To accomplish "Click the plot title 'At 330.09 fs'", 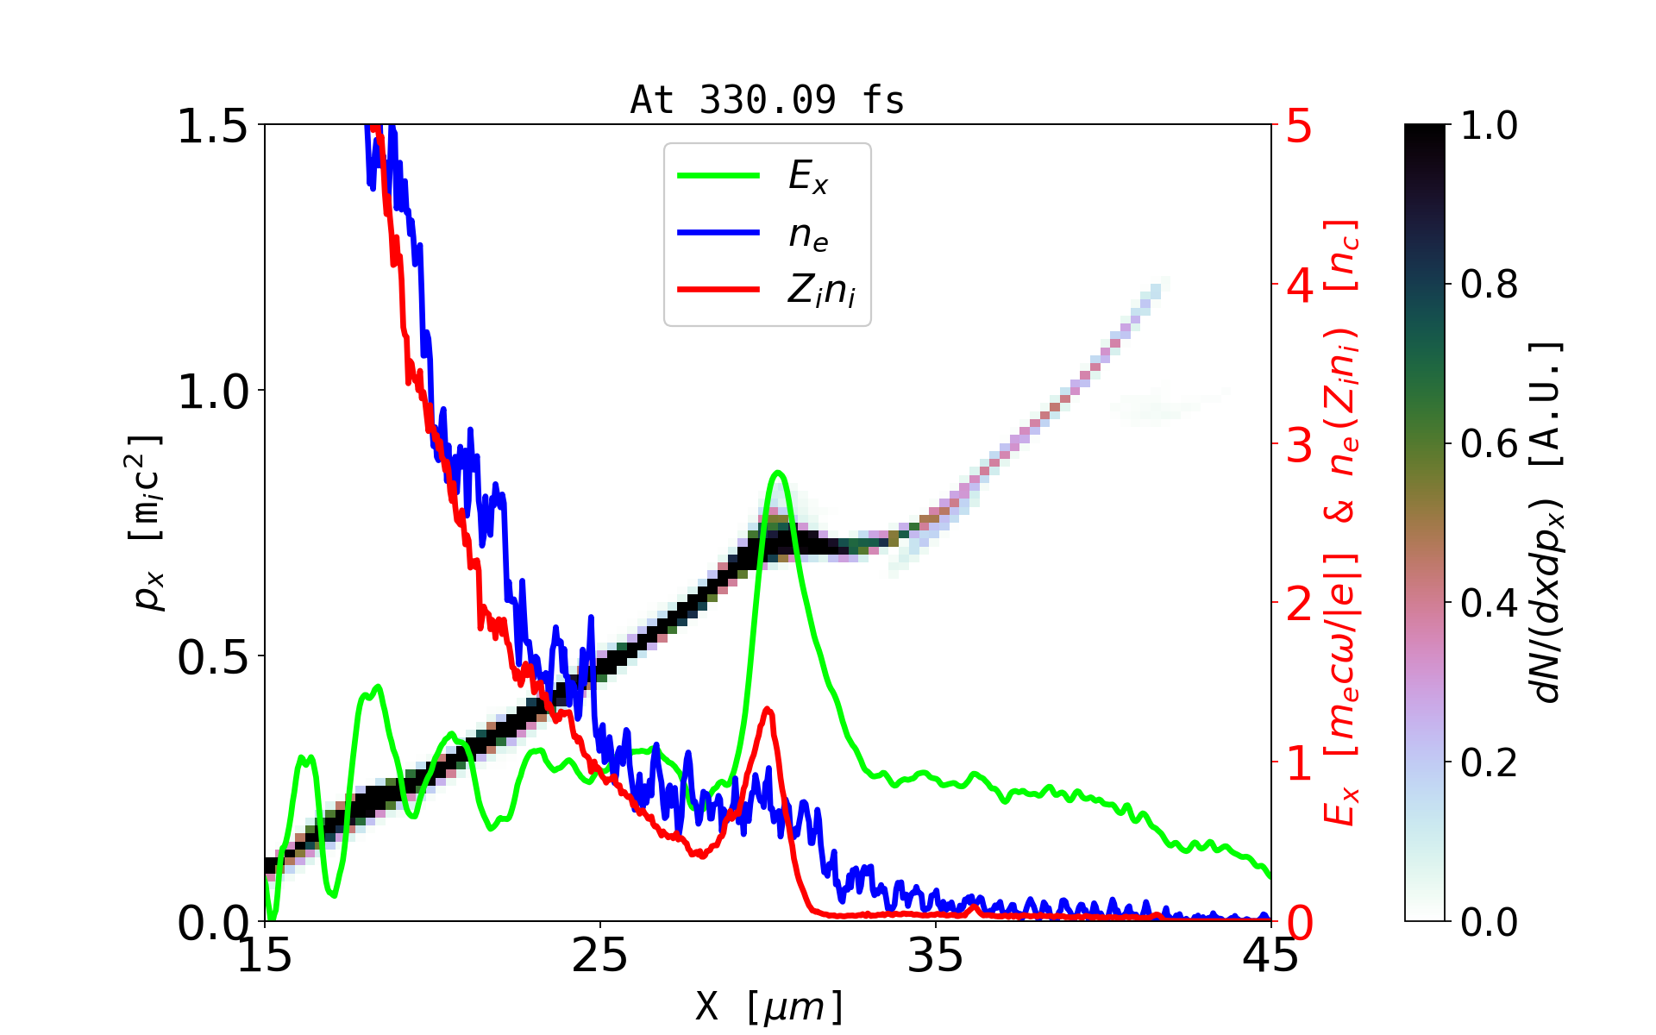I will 767,100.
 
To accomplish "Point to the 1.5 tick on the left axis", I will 212,126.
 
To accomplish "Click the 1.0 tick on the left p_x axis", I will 212,392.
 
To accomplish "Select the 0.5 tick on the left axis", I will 212,657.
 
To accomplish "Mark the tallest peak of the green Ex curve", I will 778,472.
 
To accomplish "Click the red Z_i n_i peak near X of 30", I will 768,709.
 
